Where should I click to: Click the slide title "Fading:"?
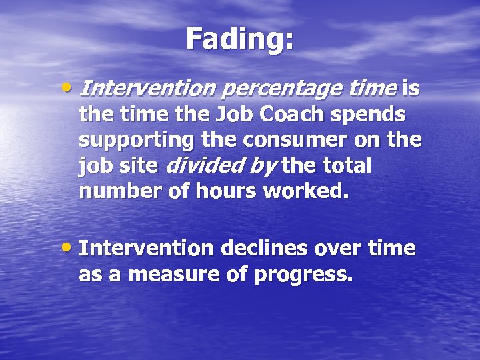pyautogui.click(x=240, y=39)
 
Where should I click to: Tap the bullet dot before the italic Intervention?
pyautogui.click(x=71, y=87)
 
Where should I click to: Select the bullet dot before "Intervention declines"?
pyautogui.click(x=71, y=248)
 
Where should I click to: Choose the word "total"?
pyautogui.click(x=344, y=166)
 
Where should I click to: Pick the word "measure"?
pyautogui.click(x=165, y=275)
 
